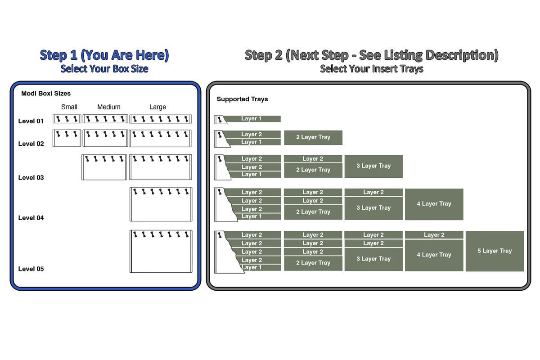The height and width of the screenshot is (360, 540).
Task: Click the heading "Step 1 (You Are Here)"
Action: coord(104,55)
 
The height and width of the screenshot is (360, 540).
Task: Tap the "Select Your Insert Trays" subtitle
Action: coord(371,69)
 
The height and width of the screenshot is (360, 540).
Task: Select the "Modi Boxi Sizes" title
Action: coord(46,94)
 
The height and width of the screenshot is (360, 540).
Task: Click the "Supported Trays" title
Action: coord(242,99)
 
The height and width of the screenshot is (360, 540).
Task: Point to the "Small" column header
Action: coord(69,107)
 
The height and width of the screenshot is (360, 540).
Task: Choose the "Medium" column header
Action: coord(109,107)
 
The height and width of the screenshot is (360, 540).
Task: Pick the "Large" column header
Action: coord(157,107)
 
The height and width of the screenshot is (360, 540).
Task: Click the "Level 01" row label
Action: coord(31,121)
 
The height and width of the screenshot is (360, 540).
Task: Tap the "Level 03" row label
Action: coord(31,178)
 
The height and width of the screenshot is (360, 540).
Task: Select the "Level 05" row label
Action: coord(31,269)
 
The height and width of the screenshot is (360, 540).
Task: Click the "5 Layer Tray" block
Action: coord(495,251)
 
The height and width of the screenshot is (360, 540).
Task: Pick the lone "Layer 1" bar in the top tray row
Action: coord(252,119)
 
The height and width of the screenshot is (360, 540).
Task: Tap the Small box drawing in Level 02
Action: coord(67,138)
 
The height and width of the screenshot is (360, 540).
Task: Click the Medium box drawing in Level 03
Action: coord(104,167)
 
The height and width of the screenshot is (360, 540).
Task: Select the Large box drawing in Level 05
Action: coord(161,252)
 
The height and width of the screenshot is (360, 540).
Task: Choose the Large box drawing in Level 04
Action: coord(161,204)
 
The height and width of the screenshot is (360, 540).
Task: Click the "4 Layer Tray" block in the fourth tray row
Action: coord(434,204)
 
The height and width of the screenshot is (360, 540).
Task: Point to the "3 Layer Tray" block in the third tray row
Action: coord(373,166)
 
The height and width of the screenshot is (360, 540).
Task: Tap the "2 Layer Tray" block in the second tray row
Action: coord(313,137)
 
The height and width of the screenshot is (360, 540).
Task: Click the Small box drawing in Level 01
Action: coord(67,119)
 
